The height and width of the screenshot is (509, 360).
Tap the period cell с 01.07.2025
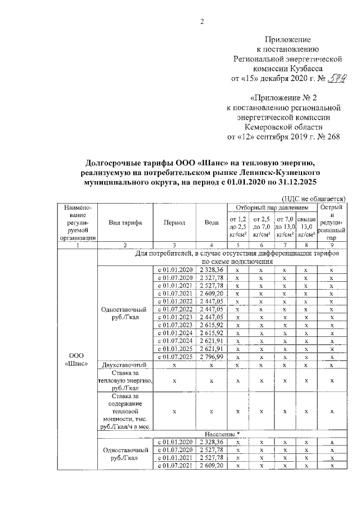[174, 357]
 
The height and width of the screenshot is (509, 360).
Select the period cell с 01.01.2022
[174, 301]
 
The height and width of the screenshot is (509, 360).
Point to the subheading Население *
[222, 434]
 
